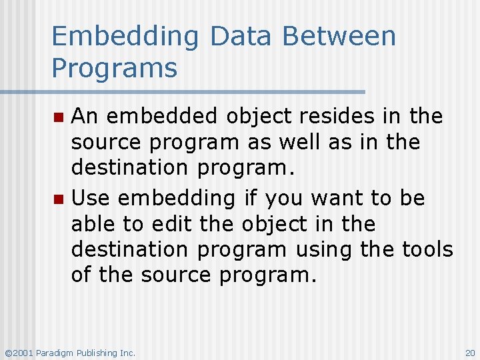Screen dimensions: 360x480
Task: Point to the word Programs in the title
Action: click(x=115, y=68)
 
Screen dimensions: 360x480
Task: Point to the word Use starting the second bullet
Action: click(x=89, y=198)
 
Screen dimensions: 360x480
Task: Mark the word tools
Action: click(x=427, y=249)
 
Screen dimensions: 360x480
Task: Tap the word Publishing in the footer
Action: click(x=99, y=353)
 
